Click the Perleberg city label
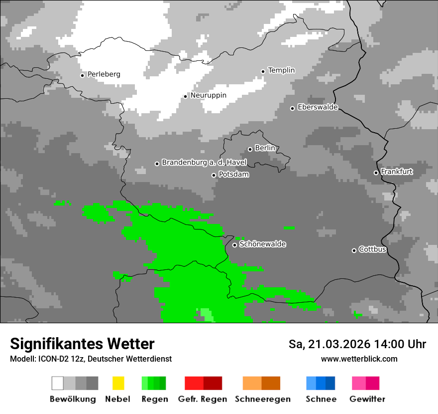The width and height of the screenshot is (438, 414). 104,74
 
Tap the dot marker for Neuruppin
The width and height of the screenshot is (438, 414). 185,96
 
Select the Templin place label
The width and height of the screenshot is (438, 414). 281,70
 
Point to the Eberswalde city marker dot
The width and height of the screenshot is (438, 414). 293,108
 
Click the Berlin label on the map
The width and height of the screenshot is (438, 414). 265,148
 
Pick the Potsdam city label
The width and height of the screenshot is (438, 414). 233,175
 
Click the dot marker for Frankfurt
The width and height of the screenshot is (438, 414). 376,173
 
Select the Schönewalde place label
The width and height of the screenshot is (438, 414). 262,244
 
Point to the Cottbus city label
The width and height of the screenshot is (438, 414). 372,249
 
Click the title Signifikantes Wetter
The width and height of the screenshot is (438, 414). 82,344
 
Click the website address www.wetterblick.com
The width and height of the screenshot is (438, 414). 359,359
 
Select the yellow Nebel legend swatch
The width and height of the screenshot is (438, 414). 118,383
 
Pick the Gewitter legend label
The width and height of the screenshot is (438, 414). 367,399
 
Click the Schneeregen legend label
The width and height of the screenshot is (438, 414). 262,399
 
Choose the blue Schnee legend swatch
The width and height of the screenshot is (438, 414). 320,383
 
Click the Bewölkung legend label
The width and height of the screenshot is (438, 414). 73,399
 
